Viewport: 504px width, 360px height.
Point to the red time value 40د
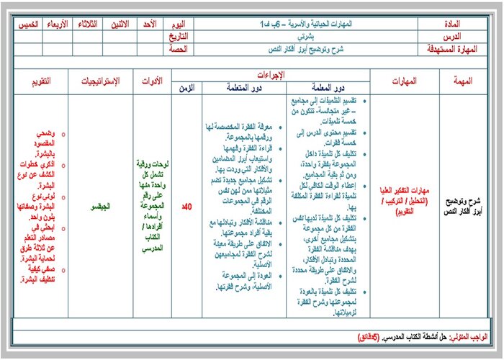point(186,207)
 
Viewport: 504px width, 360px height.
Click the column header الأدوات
point(151,81)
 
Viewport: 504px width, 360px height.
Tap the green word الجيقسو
point(101,207)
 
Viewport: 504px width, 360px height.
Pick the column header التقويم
point(40,81)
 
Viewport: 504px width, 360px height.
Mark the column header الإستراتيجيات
point(101,81)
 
